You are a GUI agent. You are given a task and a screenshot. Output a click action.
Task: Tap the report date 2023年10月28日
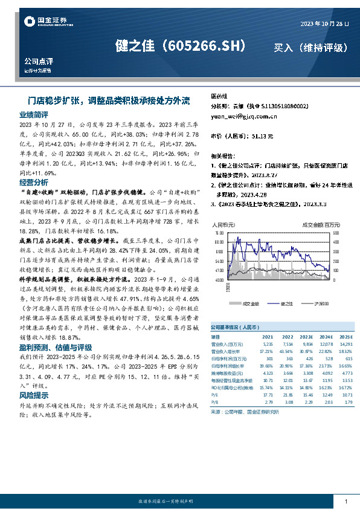[325, 24]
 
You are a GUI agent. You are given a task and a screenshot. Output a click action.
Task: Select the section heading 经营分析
[33, 182]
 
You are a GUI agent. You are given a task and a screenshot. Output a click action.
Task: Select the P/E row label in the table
[215, 394]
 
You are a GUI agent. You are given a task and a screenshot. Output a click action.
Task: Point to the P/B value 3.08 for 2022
[287, 401]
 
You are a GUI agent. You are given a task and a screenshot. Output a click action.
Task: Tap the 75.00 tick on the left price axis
[219, 232]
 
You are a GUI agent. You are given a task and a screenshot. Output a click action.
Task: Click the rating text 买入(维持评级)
[310, 48]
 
